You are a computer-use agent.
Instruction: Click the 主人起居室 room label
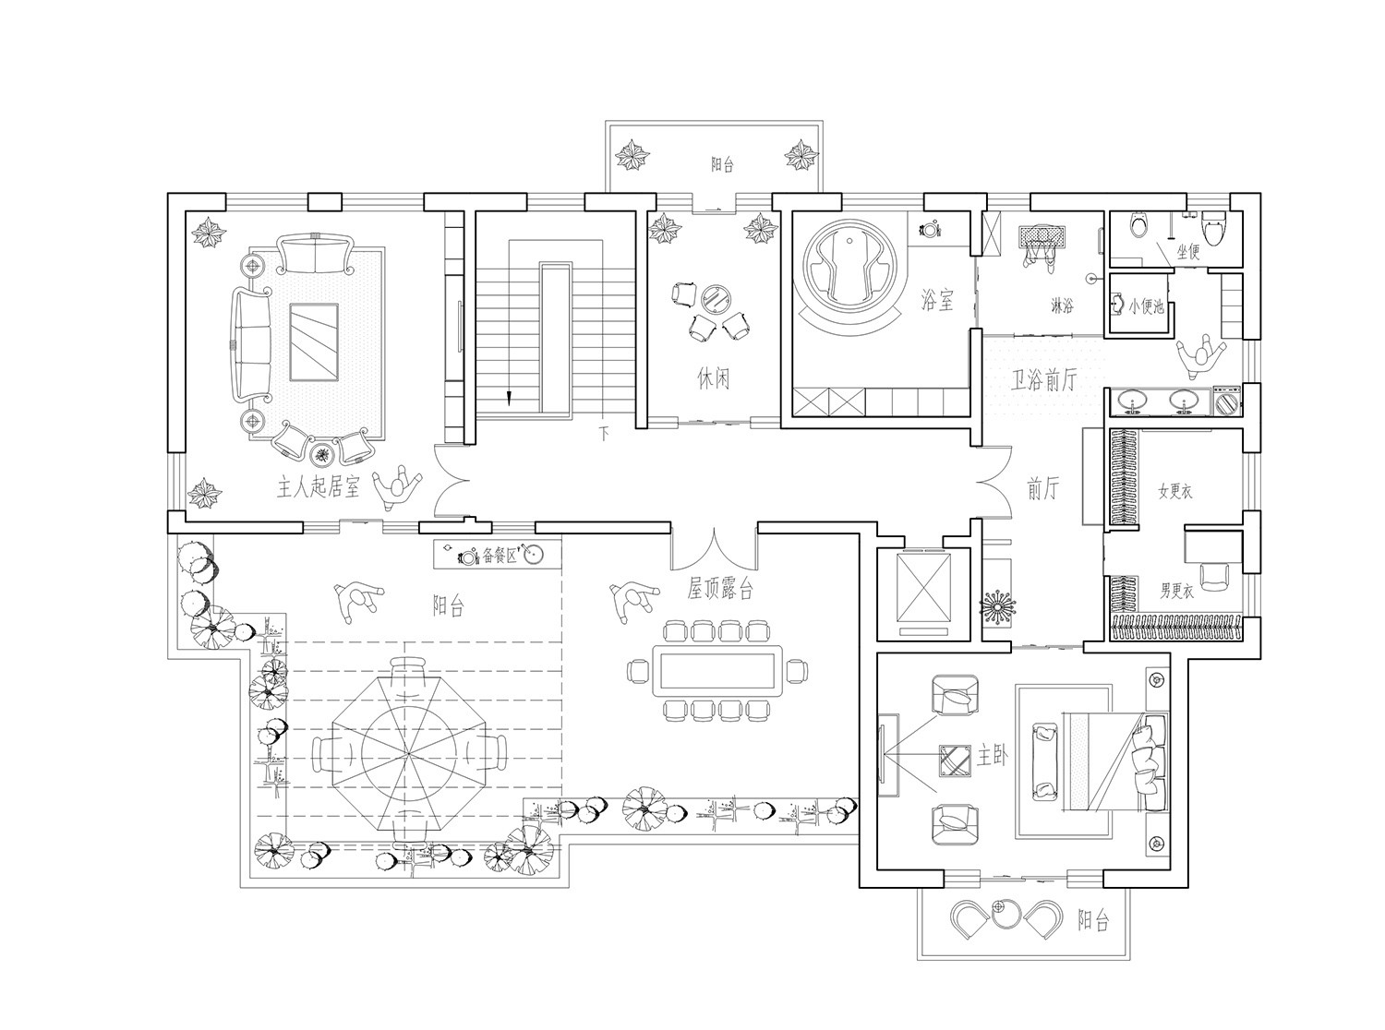coord(319,487)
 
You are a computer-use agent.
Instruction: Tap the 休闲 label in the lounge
coord(713,378)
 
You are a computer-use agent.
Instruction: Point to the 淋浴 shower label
coord(1062,306)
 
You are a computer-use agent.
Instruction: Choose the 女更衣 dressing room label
coord(1175,491)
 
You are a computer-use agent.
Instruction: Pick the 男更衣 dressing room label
coord(1177,591)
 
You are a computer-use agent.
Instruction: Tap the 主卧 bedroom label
coord(993,757)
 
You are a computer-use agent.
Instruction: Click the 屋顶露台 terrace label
coord(720,588)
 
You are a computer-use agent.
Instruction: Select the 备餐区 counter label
coord(500,555)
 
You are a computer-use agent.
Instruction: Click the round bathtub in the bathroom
coord(849,272)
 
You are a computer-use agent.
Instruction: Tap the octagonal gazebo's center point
coord(406,754)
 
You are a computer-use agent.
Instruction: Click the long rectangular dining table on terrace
coord(717,671)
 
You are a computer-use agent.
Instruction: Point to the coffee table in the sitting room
coord(314,342)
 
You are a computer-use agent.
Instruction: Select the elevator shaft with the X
coord(923,586)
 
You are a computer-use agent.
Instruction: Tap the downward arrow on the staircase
coord(509,397)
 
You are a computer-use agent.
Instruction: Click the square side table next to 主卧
coord(956,761)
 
